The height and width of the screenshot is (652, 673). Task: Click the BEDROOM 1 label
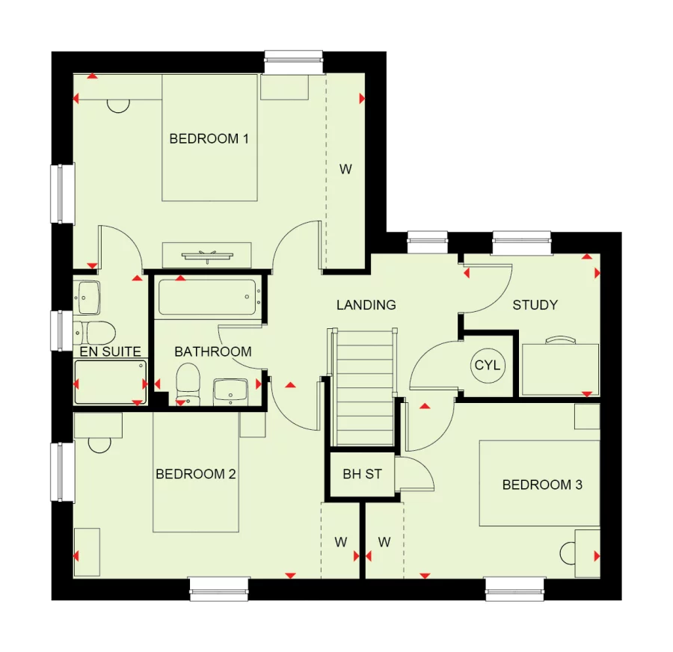209,138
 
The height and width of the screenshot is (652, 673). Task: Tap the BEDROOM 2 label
196,474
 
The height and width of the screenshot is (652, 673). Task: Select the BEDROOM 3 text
541,485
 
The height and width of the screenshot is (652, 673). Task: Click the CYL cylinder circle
488,366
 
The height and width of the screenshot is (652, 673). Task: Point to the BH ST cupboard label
362,474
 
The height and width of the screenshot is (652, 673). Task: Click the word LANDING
366,305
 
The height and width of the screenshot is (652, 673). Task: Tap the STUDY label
535,305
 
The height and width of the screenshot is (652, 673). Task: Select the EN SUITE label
111,351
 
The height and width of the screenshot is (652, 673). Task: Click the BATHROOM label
213,351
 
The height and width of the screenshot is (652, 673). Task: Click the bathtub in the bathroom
209,298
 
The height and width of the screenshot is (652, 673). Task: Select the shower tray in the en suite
111,382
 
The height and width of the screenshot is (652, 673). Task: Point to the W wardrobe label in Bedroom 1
345,169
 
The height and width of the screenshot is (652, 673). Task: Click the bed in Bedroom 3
538,483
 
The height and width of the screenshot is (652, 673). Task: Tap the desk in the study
560,368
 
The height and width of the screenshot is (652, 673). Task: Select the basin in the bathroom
230,390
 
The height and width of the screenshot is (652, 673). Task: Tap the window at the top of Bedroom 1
294,62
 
